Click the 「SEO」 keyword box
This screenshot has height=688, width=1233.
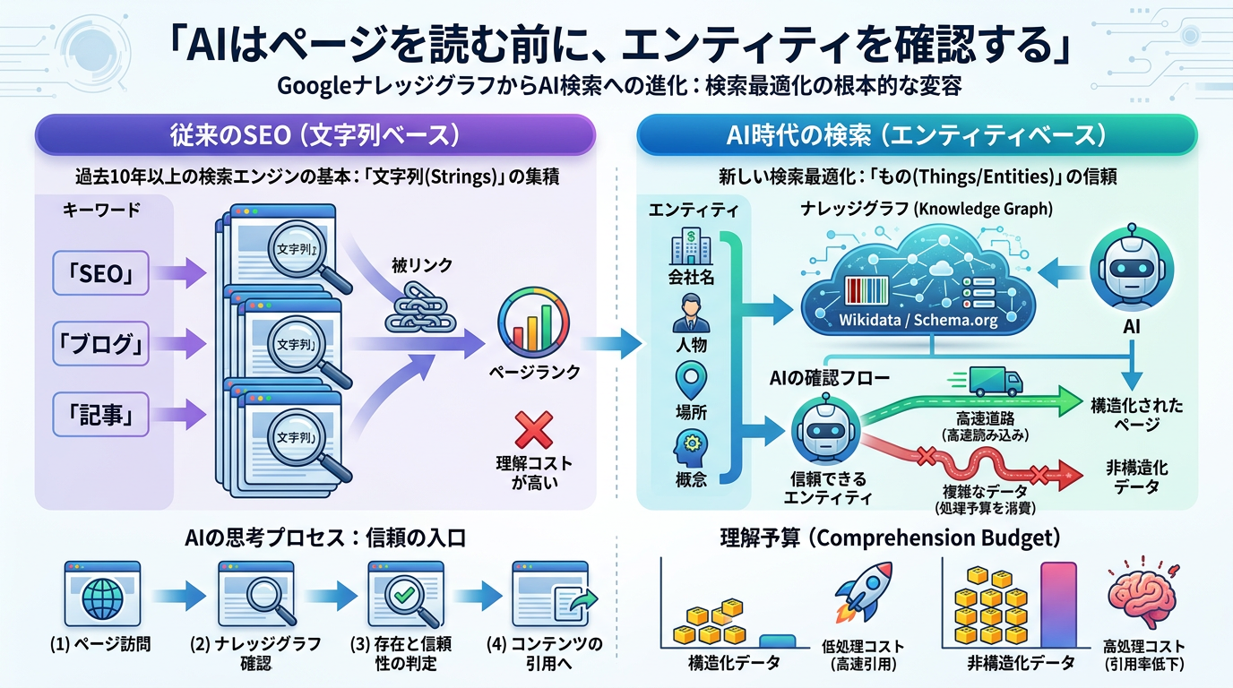[x=99, y=274]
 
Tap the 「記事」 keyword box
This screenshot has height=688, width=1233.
[x=99, y=414]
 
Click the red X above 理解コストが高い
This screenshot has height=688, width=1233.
[x=533, y=428]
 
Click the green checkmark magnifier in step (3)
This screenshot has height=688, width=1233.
[x=401, y=593]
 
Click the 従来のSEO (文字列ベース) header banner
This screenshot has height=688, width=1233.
[x=315, y=135]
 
